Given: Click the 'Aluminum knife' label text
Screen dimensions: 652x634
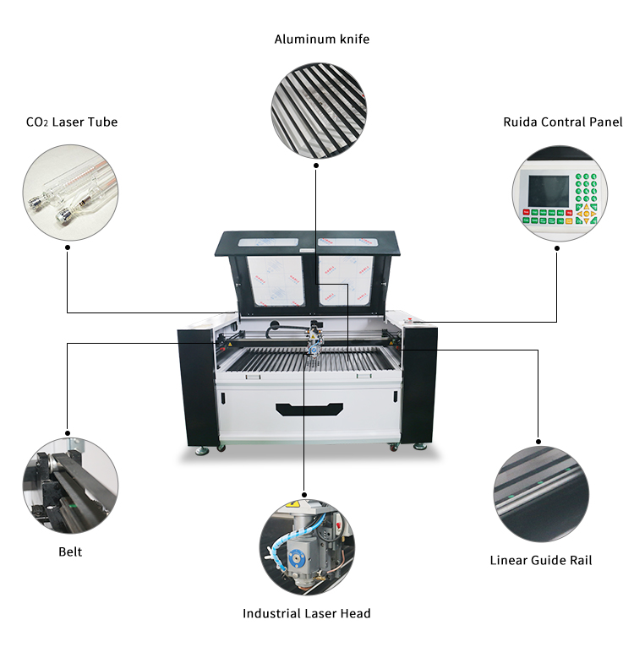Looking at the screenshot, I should pyautogui.click(x=321, y=39).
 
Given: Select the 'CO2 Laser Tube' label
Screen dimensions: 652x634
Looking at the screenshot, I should pyautogui.click(x=72, y=122).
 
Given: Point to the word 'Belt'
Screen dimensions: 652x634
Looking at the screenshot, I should pyautogui.click(x=70, y=552).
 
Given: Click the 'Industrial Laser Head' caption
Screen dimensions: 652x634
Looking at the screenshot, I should pyautogui.click(x=306, y=614).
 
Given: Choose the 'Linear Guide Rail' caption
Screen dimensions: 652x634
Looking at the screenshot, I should pyautogui.click(x=541, y=560).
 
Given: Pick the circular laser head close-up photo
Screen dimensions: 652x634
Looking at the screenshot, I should pyautogui.click(x=306, y=547).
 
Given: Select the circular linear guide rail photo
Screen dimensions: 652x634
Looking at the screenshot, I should pyautogui.click(x=541, y=494).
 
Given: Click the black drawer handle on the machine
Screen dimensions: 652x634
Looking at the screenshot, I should pyautogui.click(x=309, y=410).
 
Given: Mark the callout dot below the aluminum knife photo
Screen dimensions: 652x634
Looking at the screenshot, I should pyautogui.click(x=316, y=166).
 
